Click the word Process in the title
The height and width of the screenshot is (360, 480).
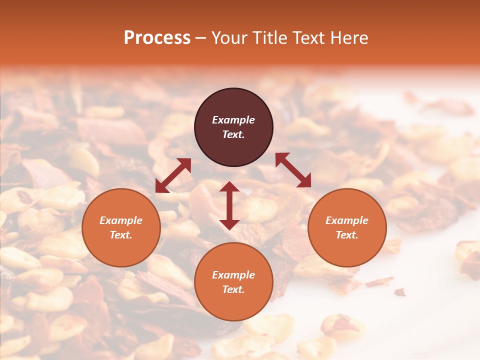pyautogui.click(x=157, y=38)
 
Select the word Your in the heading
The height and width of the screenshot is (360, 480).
pyautogui.click(x=229, y=38)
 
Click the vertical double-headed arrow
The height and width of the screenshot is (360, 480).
pyautogui.click(x=229, y=205)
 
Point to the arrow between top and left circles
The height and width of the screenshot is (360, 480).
pyautogui.click(x=173, y=175)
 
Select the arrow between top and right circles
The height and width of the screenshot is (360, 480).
pyautogui.click(x=293, y=170)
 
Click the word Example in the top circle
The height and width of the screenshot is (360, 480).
pyautogui.click(x=233, y=120)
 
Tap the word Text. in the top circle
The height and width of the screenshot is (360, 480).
pyautogui.click(x=233, y=134)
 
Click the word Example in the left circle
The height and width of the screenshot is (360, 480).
pyautogui.click(x=121, y=220)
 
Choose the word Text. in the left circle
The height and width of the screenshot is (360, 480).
pyautogui.click(x=121, y=235)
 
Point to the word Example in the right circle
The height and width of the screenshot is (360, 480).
pyautogui.click(x=347, y=220)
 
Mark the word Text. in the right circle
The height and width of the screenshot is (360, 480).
pyautogui.click(x=347, y=235)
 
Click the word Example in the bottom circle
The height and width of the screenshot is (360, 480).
pyautogui.click(x=233, y=275)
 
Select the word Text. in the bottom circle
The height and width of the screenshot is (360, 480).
pyautogui.click(x=233, y=289)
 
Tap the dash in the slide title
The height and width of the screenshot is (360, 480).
pyautogui.click(x=201, y=38)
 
